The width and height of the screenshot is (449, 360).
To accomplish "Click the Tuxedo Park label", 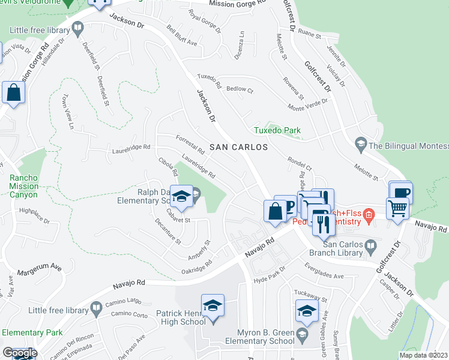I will pos(276,130).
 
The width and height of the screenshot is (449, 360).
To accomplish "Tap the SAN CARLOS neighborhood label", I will pos(238,147).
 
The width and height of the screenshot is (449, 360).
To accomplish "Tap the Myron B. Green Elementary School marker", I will pos(306,311).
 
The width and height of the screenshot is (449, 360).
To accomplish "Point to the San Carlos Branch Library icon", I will pos(370,246).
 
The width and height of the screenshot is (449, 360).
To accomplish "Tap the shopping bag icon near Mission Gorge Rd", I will pos(13,93).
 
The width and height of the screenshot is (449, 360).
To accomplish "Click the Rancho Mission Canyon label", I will pos(23,186).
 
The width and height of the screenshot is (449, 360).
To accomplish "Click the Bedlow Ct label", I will pos(240,89).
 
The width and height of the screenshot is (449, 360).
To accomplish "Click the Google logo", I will pos(19,353).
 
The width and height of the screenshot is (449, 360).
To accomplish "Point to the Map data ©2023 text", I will pos(423,355).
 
